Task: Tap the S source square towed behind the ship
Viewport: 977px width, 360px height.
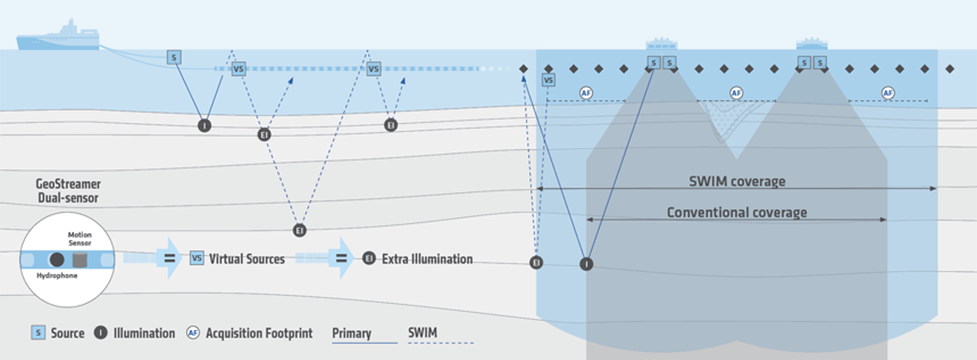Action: (173, 57)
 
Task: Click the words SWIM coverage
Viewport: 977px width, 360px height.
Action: (737, 181)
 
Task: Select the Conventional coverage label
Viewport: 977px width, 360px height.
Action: (737, 213)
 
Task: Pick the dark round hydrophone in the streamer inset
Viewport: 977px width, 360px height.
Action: (58, 259)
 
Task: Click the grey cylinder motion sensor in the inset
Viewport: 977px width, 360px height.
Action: (80, 260)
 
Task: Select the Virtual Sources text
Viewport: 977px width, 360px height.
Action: (247, 259)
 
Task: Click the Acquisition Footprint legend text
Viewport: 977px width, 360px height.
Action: (260, 333)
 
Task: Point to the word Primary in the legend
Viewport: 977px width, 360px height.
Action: (352, 333)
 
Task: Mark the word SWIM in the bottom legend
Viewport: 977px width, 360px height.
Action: (423, 333)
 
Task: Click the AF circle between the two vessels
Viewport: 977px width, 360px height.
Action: (737, 93)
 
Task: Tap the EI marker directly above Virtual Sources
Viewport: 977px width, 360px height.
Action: (300, 230)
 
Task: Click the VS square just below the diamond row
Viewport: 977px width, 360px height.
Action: (549, 80)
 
